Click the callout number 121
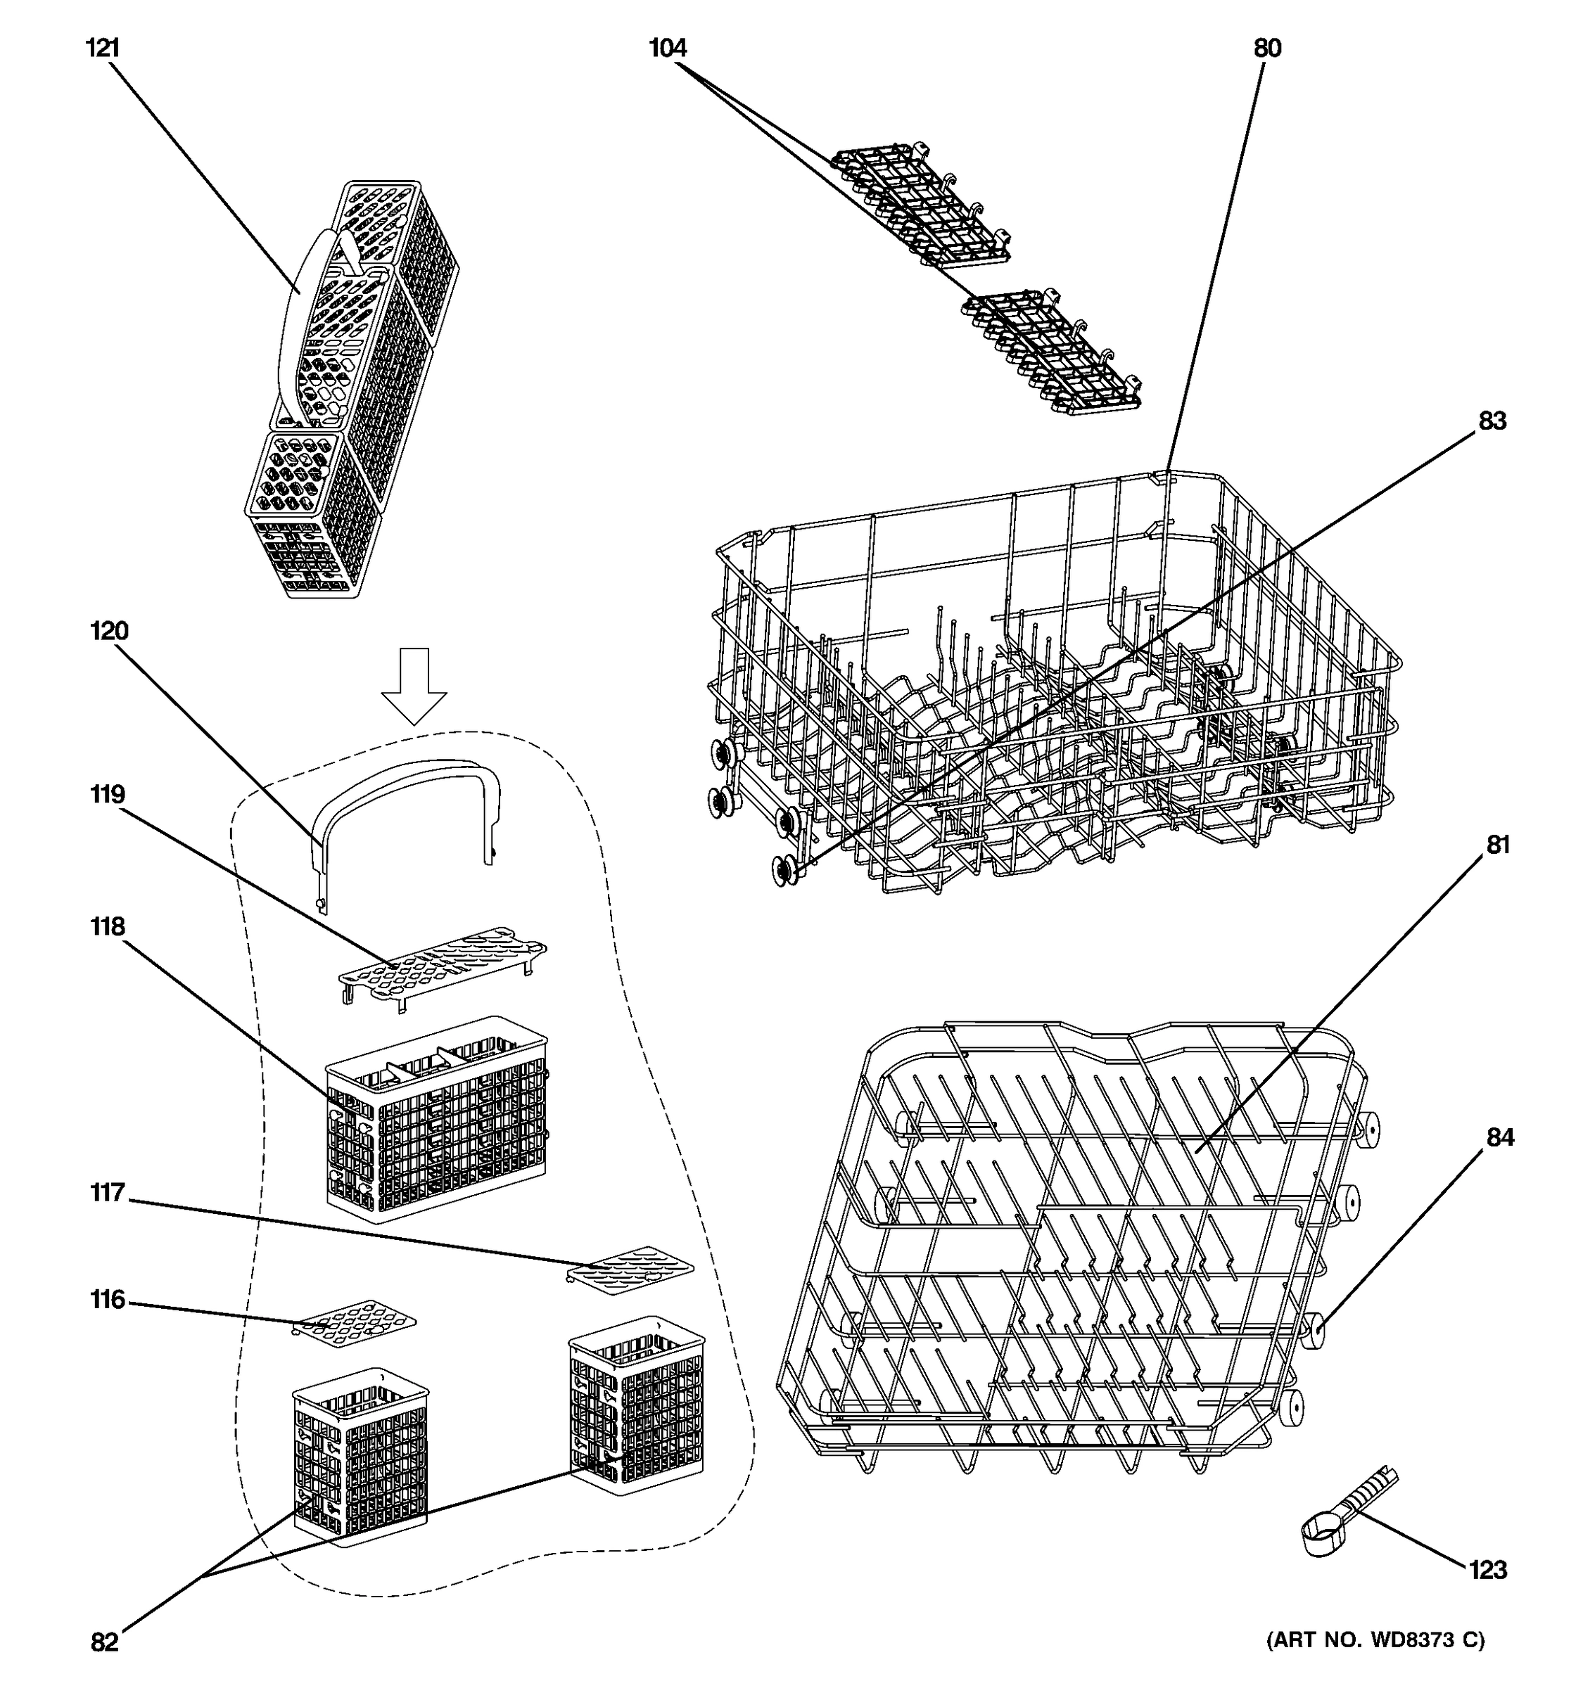point(103,49)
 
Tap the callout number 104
point(668,49)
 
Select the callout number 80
point(1267,49)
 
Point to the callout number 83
point(1492,421)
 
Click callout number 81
point(1498,845)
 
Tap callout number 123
point(1488,1570)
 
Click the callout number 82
point(104,1642)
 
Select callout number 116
point(108,1300)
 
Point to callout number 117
point(108,1193)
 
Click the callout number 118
point(108,926)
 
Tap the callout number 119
point(108,794)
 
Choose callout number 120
point(110,631)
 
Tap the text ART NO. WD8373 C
point(1375,1640)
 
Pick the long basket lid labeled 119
point(442,960)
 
